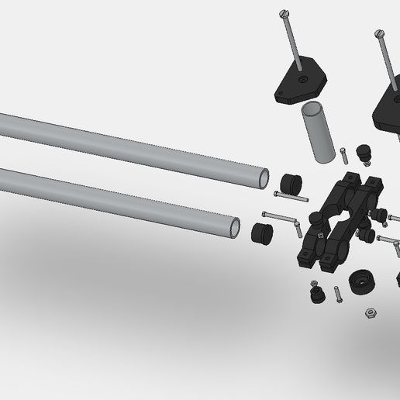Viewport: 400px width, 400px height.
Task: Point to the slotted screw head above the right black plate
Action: (380, 33)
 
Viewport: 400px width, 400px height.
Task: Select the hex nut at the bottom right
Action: (371, 312)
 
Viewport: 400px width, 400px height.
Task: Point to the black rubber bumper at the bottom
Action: (316, 294)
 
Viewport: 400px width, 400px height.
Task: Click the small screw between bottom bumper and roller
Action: (338, 295)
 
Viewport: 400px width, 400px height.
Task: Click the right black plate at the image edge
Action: (388, 109)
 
